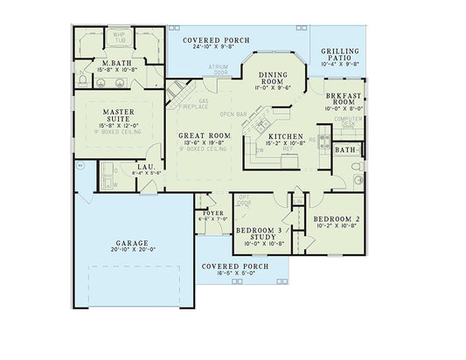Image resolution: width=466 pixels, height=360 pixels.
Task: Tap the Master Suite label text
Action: [x=117, y=116]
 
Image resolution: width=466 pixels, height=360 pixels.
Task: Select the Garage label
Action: [x=131, y=242]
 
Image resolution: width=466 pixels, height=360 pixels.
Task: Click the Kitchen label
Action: [x=286, y=137]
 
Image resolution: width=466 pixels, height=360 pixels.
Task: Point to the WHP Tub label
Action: [x=120, y=38]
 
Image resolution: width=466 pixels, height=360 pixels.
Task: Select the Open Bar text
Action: [x=233, y=114]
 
